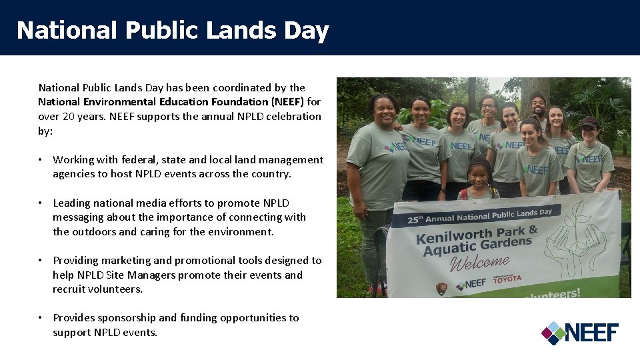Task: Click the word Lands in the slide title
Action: click(x=231, y=31)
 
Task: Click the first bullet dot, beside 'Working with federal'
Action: click(x=41, y=160)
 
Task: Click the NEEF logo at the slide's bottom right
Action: click(x=580, y=332)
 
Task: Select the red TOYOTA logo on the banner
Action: click(x=507, y=279)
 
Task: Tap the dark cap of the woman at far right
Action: click(x=589, y=122)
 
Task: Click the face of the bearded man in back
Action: click(x=538, y=103)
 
